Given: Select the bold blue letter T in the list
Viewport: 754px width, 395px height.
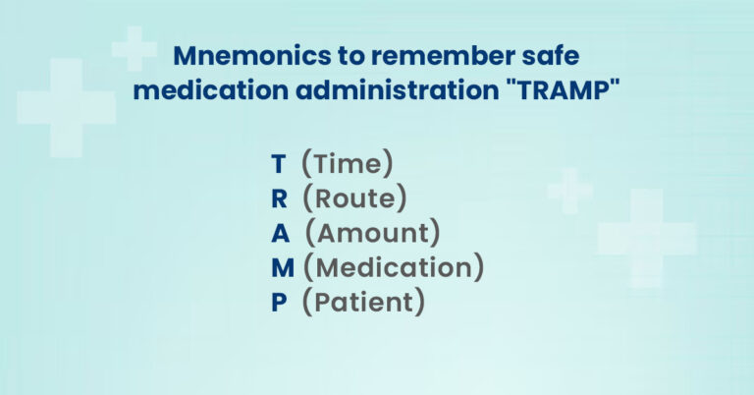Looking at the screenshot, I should click(x=278, y=163).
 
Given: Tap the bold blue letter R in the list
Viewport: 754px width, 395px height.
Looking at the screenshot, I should click(x=279, y=198).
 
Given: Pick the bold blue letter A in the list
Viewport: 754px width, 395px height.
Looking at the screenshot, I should click(x=280, y=234).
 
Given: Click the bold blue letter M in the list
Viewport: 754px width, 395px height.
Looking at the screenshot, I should click(x=283, y=267).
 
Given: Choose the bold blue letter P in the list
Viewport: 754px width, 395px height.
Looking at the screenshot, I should click(x=279, y=303).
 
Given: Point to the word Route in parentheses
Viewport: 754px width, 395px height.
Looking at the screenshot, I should click(x=354, y=198).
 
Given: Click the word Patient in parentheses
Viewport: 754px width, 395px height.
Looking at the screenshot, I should click(x=363, y=303).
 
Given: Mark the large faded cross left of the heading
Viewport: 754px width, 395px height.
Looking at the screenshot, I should click(x=66, y=107).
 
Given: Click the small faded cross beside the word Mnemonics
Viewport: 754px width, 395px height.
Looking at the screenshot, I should click(x=135, y=48).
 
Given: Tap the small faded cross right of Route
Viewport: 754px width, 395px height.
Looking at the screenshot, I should click(x=569, y=190).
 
